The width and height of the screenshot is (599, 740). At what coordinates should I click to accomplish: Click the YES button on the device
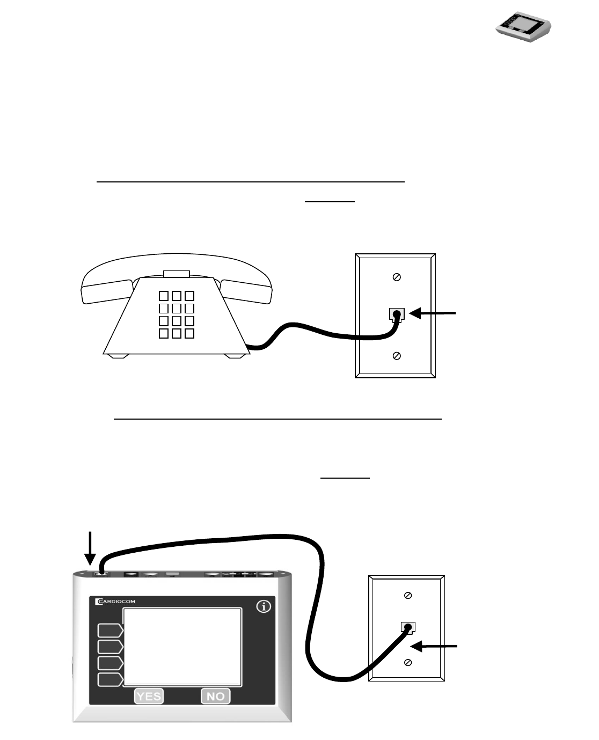[x=149, y=696]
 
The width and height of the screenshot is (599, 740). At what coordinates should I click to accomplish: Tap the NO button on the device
[x=215, y=696]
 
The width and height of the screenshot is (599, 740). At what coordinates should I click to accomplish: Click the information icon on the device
[x=264, y=607]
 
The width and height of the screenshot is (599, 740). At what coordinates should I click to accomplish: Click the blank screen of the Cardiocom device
[x=182, y=647]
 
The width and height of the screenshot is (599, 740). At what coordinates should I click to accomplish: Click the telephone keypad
[x=176, y=314]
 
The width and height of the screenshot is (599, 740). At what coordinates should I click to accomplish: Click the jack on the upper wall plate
[x=396, y=314]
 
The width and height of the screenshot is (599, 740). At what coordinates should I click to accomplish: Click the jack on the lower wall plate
[x=408, y=627]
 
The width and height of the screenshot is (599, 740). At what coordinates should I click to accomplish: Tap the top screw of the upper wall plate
[x=397, y=277]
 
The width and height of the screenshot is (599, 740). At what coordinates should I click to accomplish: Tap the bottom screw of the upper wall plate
[x=397, y=356]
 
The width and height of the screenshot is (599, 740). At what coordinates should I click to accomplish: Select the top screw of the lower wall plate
[x=408, y=596]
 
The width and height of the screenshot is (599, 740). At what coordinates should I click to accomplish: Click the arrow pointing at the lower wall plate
[x=438, y=648]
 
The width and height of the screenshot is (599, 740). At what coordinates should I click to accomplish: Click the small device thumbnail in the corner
[x=523, y=27]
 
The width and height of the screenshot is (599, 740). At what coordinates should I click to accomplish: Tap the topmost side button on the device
[x=110, y=630]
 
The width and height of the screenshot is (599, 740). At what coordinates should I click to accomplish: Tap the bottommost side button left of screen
[x=110, y=680]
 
